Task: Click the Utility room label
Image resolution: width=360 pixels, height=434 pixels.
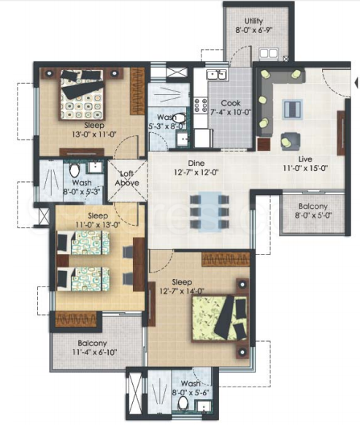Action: point(253,21)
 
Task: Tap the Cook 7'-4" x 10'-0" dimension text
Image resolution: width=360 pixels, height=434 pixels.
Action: point(231,112)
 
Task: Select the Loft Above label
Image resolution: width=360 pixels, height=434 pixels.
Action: point(127,178)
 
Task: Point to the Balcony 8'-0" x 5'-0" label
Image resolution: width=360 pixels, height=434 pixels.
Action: point(313,211)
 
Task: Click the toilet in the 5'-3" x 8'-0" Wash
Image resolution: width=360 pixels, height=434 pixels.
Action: point(180,118)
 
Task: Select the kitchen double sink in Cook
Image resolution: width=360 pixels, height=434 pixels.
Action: point(217,75)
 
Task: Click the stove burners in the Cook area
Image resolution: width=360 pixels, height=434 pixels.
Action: point(201,105)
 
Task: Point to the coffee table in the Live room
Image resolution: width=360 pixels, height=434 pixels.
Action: point(292,109)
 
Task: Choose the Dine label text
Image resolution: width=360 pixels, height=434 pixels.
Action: point(196,164)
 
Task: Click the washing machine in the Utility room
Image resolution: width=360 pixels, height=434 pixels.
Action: point(268,54)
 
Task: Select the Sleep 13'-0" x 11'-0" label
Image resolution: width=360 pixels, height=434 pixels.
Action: point(94,129)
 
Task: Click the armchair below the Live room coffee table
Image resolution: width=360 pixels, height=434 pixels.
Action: point(290,141)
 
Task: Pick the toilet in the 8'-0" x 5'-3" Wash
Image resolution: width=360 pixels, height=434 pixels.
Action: point(74,170)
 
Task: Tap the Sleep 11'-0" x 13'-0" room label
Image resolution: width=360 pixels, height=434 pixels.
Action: point(98,220)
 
